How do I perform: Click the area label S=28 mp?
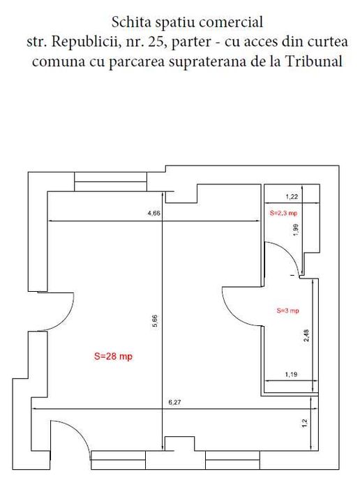click(113, 355)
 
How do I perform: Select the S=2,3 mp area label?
click(284, 211)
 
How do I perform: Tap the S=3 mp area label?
click(287, 310)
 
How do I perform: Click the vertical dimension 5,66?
click(156, 320)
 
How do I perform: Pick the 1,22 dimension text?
click(292, 197)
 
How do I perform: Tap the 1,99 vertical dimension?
click(296, 230)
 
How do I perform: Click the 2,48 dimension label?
click(306, 336)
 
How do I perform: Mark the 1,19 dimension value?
click(292, 376)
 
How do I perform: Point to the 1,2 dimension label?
click(305, 423)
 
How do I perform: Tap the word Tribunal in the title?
click(317, 61)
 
